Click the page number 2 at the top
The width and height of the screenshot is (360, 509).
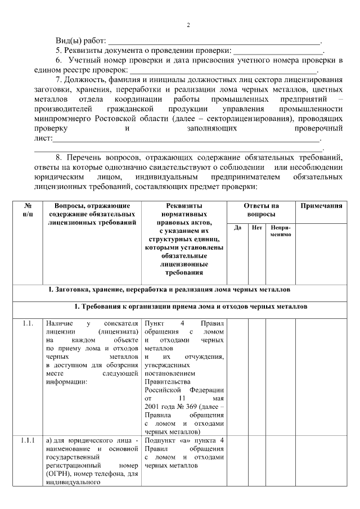pyautogui.click(x=188, y=25)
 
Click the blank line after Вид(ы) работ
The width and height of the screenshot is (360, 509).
pyautogui.click(x=213, y=42)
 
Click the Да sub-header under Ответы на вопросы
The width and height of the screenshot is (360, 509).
pyautogui.click(x=237, y=227)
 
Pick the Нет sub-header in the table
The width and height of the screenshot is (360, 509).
pyautogui.click(x=257, y=227)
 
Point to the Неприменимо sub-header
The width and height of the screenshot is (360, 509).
pyautogui.click(x=281, y=231)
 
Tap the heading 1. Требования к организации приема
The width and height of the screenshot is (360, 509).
pyautogui.click(x=191, y=307)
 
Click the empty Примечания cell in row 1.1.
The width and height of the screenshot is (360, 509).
pyautogui.click(x=321, y=377)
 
